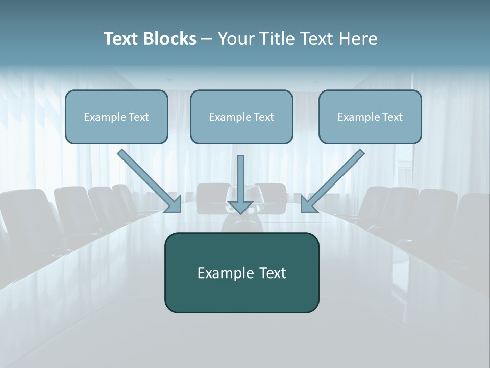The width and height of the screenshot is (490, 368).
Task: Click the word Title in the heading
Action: (273, 39)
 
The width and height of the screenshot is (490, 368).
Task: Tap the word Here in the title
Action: (357, 39)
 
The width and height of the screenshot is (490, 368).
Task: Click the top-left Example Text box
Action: (116, 117)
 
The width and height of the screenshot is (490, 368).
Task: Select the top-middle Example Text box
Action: (241, 117)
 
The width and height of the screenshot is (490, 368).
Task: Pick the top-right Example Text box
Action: (370, 117)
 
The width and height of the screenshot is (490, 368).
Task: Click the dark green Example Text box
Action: (241, 272)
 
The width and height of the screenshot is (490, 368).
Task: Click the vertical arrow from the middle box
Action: (240, 179)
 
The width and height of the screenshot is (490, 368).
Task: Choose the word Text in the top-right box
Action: (393, 117)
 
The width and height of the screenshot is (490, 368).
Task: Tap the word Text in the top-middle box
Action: (264, 117)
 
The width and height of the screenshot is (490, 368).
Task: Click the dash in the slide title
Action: (207, 39)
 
